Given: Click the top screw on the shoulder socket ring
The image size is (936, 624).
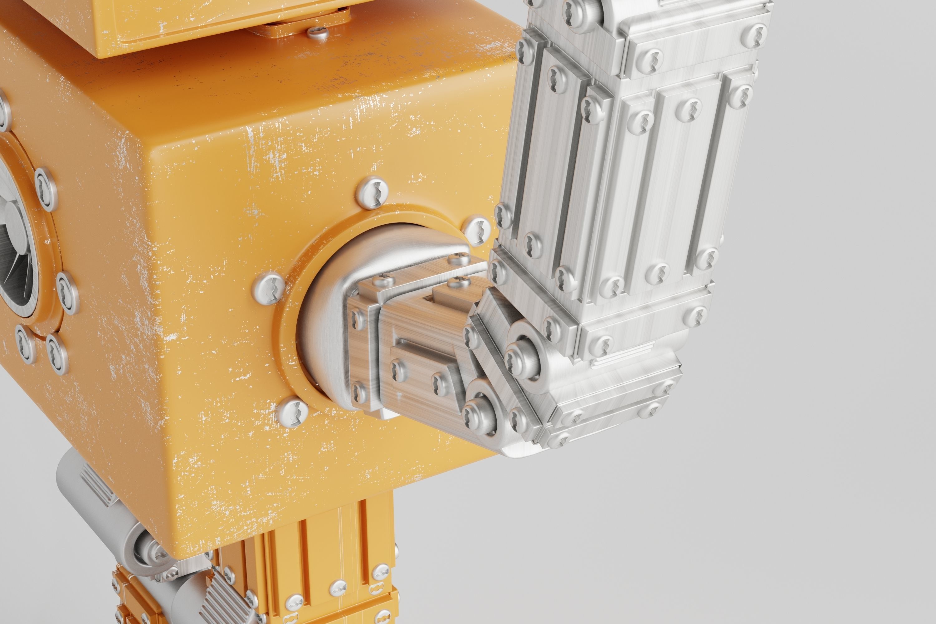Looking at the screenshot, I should click(372, 193).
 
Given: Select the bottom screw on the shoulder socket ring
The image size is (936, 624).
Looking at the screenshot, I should click(293, 412).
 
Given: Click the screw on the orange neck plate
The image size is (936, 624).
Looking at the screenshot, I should click(318, 33).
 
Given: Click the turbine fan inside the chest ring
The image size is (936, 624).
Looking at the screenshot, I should click(12, 255).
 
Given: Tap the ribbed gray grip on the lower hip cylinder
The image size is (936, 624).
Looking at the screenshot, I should click(223, 601).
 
